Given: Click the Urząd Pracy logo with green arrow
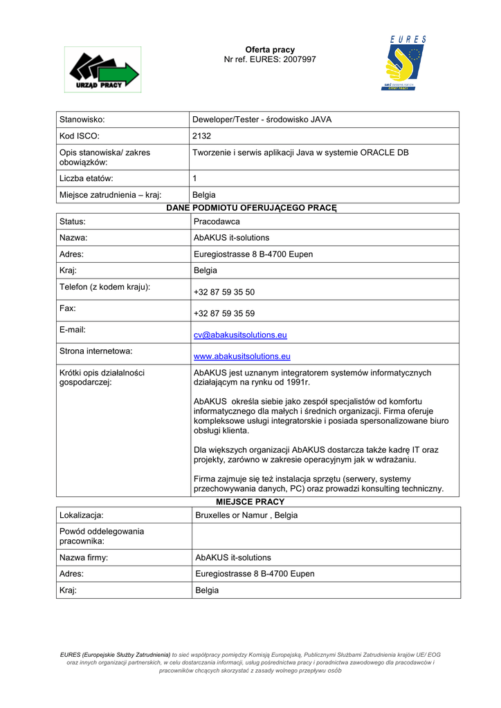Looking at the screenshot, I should click(x=102, y=69).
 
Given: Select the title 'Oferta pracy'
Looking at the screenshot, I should click(x=270, y=50).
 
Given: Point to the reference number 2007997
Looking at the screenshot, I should click(x=299, y=59).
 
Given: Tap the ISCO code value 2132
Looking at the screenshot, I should click(x=201, y=136).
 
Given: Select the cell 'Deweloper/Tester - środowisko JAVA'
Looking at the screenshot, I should click(x=262, y=120).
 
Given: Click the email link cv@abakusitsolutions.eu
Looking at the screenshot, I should click(x=240, y=335).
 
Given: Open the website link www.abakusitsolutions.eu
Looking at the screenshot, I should click(x=242, y=357).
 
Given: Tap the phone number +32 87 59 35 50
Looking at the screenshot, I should click(x=224, y=292).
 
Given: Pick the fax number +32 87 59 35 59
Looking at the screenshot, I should click(x=224, y=314).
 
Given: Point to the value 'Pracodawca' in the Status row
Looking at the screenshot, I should click(x=217, y=221).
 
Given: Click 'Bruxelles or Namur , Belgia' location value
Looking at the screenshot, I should click(x=246, y=516).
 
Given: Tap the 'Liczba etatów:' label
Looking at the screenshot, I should click(x=86, y=178).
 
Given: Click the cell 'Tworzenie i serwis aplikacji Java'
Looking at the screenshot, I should click(x=300, y=153).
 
